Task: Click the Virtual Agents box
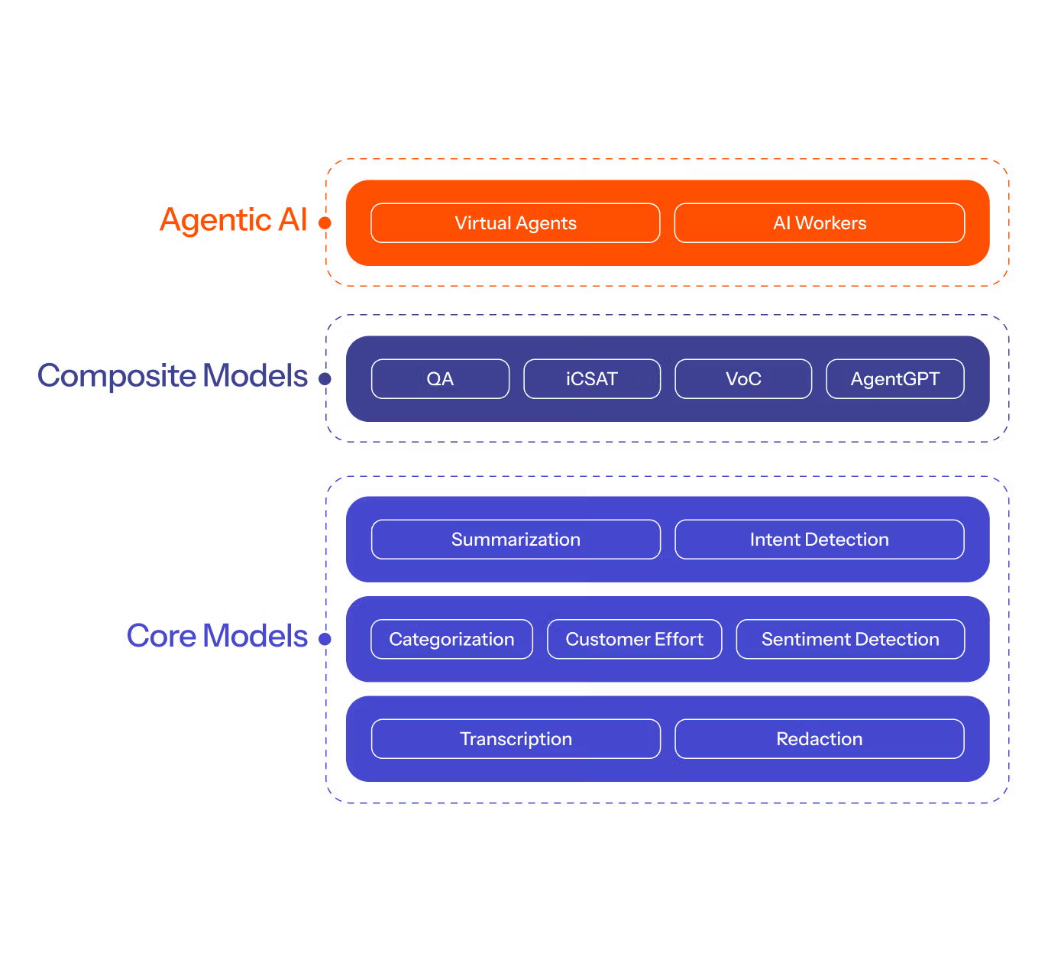coord(516,223)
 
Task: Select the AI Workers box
coord(820,223)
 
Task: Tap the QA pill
coord(440,379)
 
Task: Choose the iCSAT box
coord(592,379)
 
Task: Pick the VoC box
coord(743,379)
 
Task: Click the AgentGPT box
coord(895,379)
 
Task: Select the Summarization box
coord(516,540)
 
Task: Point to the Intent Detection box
coord(820,540)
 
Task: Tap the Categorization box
coord(451,640)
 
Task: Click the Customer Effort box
coord(634,640)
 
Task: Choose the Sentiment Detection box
coord(850,640)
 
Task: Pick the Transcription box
coord(516,739)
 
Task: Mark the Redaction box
coord(820,739)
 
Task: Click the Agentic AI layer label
coord(234,221)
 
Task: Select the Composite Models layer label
coord(173,376)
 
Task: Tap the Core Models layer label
coord(218,636)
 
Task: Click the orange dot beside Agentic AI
coord(325,223)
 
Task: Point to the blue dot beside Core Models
coord(325,639)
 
